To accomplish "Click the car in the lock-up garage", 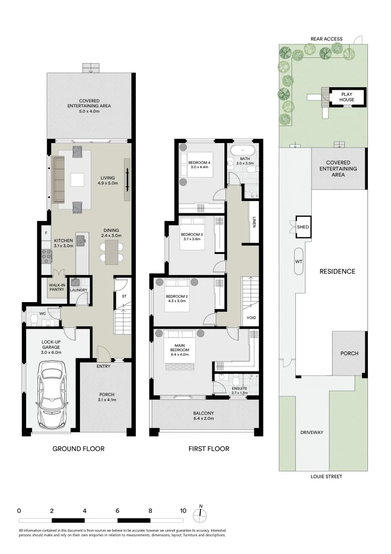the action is (52, 394).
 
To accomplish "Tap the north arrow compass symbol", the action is (200, 513).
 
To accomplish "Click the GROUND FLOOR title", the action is (78, 449).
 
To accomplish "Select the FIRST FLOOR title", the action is (209, 449).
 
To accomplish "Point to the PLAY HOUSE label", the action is (346, 97).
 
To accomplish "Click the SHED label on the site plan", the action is (303, 227).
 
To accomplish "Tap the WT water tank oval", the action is (299, 262).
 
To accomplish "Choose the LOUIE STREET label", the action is (326, 476).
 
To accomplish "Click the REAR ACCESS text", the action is (326, 39).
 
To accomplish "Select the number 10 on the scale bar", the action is (183, 510).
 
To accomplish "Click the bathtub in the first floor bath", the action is (242, 150).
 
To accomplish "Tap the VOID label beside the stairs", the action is (251, 318).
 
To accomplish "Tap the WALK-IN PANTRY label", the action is (57, 287).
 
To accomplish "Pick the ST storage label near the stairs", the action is (124, 296).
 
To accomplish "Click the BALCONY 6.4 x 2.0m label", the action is (203, 415).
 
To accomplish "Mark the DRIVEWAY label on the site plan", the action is (312, 432).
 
